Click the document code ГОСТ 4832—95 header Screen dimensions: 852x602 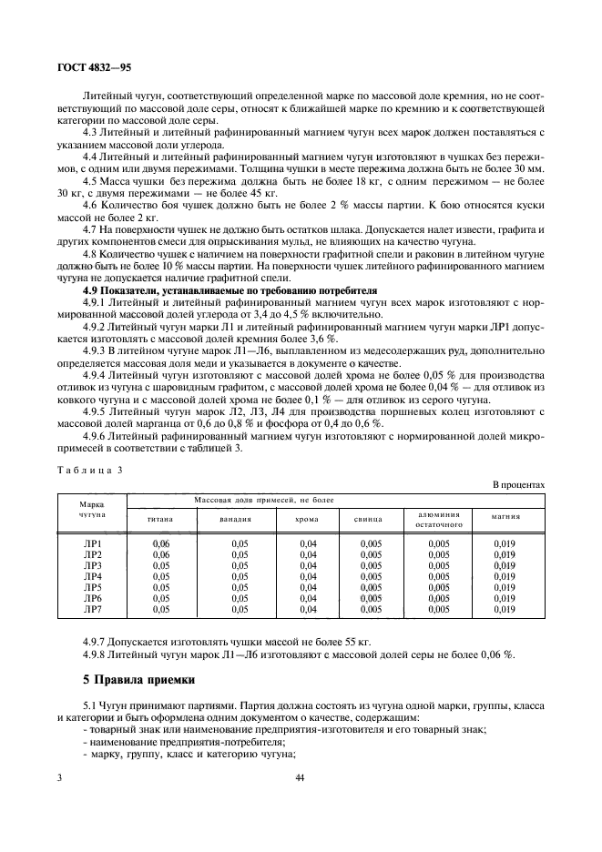click(x=95, y=67)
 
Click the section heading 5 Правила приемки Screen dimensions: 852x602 click(x=137, y=681)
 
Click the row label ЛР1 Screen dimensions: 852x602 click(x=93, y=543)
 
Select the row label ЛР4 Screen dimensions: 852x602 click(x=93, y=576)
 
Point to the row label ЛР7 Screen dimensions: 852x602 click(x=93, y=609)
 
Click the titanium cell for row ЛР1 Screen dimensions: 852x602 click(x=161, y=543)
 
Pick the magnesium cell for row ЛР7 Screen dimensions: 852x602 click(x=505, y=609)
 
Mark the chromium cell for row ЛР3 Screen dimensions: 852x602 click(x=307, y=565)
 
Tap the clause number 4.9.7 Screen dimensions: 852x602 click(x=97, y=643)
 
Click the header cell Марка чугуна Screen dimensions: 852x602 click(x=91, y=508)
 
